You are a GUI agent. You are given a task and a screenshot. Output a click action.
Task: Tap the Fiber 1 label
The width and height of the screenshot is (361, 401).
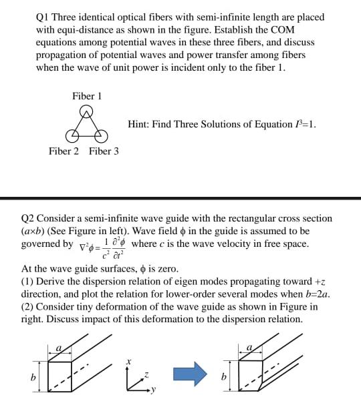[x=87, y=96]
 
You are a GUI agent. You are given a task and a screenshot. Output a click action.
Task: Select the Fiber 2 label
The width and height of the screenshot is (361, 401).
[x=64, y=151]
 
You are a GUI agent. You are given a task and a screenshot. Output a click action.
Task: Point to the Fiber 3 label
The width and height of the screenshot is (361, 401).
[x=104, y=151]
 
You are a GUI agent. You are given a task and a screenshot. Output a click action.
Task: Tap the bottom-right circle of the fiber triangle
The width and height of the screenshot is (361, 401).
[x=100, y=135]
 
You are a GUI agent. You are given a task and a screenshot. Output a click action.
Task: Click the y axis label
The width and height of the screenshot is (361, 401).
[x=152, y=391]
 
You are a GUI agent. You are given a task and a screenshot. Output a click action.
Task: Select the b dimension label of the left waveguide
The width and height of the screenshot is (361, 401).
[x=33, y=377]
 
